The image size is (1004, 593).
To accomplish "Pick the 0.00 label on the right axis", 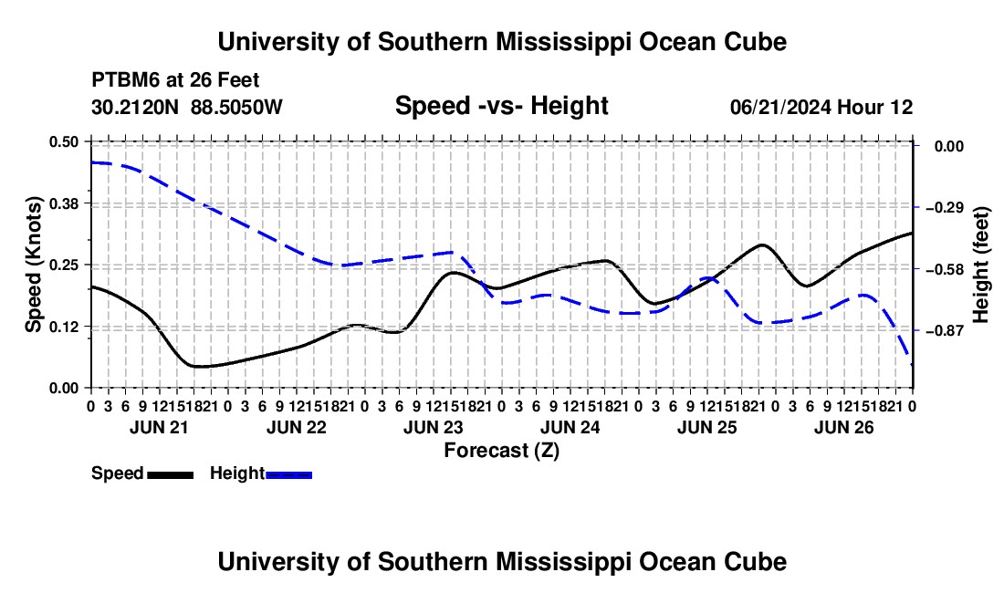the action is pyautogui.click(x=949, y=147).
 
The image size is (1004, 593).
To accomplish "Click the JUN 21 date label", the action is pyautogui.click(x=159, y=427).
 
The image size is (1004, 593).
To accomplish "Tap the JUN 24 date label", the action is pyautogui.click(x=570, y=427).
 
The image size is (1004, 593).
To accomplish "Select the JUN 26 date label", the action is pyautogui.click(x=844, y=427).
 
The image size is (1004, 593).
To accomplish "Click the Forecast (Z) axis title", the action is pyautogui.click(x=502, y=451).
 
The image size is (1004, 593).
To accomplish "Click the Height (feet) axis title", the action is pyautogui.click(x=981, y=265).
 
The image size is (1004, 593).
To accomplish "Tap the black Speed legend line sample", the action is pyautogui.click(x=171, y=475).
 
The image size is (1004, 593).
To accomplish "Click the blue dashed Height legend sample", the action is pyautogui.click(x=288, y=475).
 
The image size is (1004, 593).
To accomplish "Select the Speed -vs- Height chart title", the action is pyautogui.click(x=502, y=106).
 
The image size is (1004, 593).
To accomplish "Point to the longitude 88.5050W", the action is pyautogui.click(x=236, y=107).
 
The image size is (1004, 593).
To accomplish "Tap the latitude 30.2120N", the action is pyautogui.click(x=135, y=107).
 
